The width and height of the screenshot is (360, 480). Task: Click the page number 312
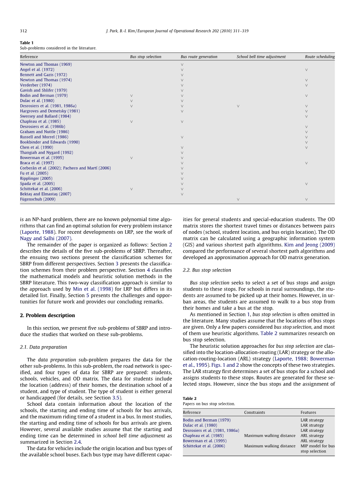point(23,31)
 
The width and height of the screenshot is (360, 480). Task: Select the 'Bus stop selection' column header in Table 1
point(146,57)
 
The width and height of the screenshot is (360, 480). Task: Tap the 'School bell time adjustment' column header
point(261,57)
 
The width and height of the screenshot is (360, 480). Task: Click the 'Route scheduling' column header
point(320,57)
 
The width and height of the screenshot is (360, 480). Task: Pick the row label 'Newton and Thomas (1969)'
point(46,65)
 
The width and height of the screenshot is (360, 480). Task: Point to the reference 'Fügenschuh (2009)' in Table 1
point(38,199)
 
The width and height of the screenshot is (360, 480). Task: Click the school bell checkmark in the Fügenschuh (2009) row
point(238,200)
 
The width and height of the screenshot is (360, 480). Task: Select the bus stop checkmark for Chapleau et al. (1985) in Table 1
point(132,122)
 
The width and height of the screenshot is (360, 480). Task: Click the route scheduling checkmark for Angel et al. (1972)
point(306,70)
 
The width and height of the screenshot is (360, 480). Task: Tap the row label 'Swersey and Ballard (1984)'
point(46,116)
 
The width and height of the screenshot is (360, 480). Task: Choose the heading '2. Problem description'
point(47,315)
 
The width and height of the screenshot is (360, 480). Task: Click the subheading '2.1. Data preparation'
point(43,347)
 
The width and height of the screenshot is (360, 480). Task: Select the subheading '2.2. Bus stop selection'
point(207,270)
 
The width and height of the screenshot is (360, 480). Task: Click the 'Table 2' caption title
point(190,399)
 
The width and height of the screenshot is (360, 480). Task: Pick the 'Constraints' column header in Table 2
point(255,412)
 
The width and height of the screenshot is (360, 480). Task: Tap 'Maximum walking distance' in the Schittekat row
point(270,446)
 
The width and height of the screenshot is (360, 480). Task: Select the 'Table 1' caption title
point(27,43)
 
